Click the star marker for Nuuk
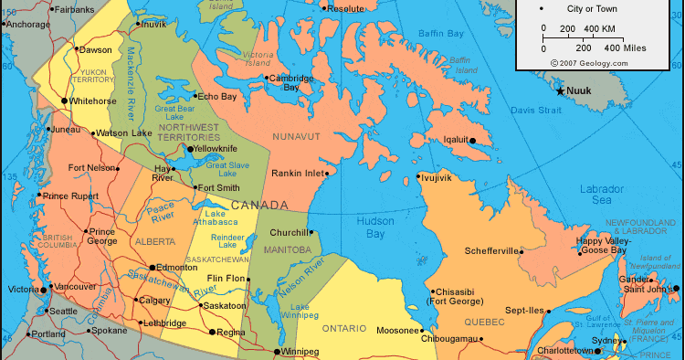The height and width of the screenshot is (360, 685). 561,90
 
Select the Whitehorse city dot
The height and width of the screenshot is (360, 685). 64,101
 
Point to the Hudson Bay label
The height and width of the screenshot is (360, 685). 375,227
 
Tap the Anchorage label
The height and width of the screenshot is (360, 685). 26,25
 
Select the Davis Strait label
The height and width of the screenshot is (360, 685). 536,110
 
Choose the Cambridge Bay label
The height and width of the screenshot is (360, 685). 291,82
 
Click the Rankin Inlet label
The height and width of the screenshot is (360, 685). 298,173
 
